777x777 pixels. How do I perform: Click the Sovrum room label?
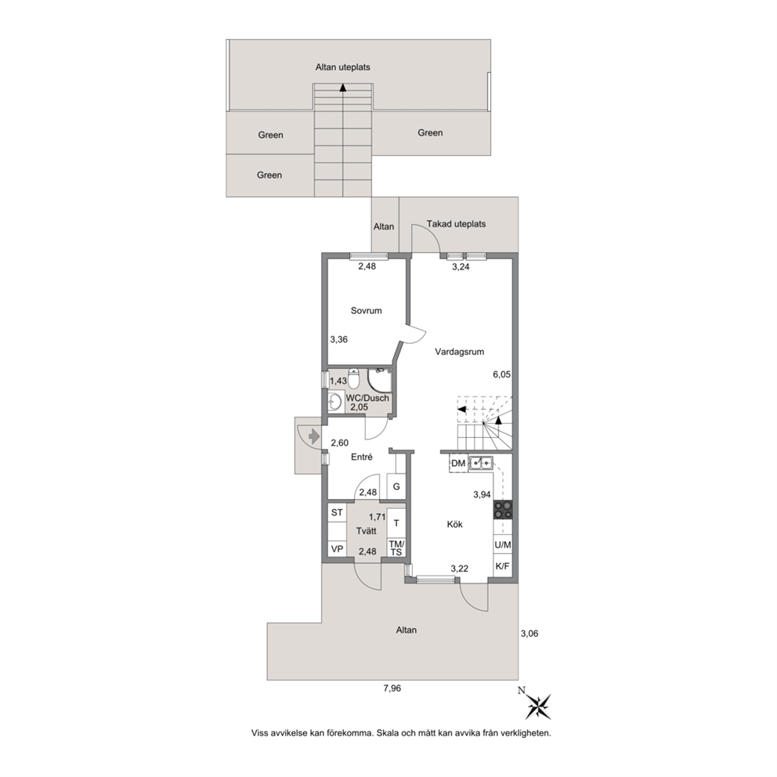pyautogui.click(x=367, y=311)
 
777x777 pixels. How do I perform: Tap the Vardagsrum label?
pyautogui.click(x=459, y=352)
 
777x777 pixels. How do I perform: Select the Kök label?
pyautogui.click(x=454, y=524)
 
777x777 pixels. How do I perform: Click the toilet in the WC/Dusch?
pyautogui.click(x=353, y=378)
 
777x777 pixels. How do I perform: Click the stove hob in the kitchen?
pyautogui.click(x=503, y=510)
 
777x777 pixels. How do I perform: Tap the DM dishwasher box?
pyautogui.click(x=458, y=464)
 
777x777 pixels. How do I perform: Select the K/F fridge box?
pyautogui.click(x=503, y=566)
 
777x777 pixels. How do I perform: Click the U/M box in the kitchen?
pyautogui.click(x=503, y=544)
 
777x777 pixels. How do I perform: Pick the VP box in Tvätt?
pyautogui.click(x=337, y=549)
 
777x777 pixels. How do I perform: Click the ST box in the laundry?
pyautogui.click(x=337, y=512)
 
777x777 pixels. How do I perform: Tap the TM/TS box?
pyautogui.click(x=396, y=548)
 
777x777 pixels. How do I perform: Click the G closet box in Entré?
pyautogui.click(x=396, y=486)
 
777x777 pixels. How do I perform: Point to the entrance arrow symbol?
pyautogui.click(x=313, y=436)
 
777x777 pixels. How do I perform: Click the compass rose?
pyautogui.click(x=537, y=704)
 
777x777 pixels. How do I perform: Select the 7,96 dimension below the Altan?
pyautogui.click(x=392, y=688)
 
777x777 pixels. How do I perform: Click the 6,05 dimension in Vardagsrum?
pyautogui.click(x=501, y=374)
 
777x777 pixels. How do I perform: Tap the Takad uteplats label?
pyautogui.click(x=456, y=224)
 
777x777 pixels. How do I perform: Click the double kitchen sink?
pyautogui.click(x=481, y=463)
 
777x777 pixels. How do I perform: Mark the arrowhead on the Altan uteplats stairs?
pyautogui.click(x=342, y=88)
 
